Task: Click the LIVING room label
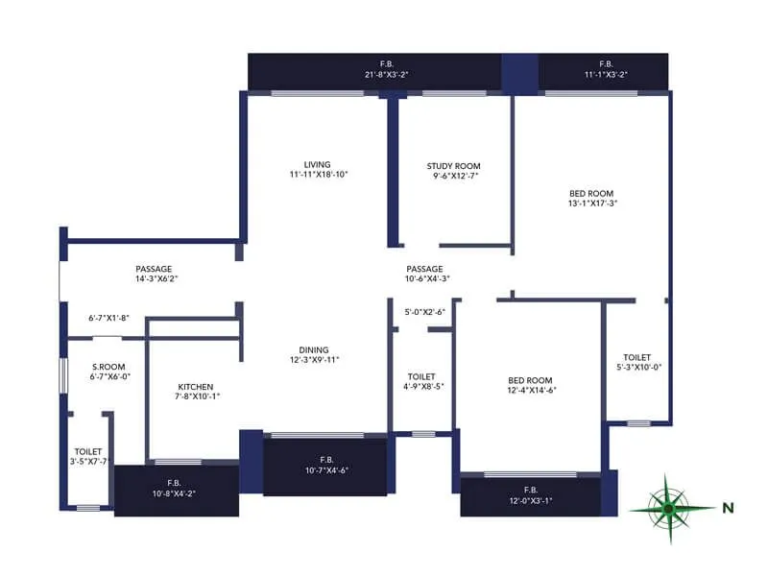click(x=318, y=164)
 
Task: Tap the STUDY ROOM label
click(x=453, y=166)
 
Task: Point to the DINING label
click(x=313, y=349)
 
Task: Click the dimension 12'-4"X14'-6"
click(x=530, y=390)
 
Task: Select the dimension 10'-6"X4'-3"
click(x=424, y=278)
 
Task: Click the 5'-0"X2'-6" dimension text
click(x=424, y=311)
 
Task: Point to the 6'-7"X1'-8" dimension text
click(x=108, y=317)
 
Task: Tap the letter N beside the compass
click(x=728, y=507)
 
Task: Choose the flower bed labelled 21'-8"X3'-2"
click(x=374, y=70)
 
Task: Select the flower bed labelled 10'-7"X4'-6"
click(x=325, y=465)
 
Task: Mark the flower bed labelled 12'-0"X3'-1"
click(x=530, y=494)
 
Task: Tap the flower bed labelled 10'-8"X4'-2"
click(x=176, y=489)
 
